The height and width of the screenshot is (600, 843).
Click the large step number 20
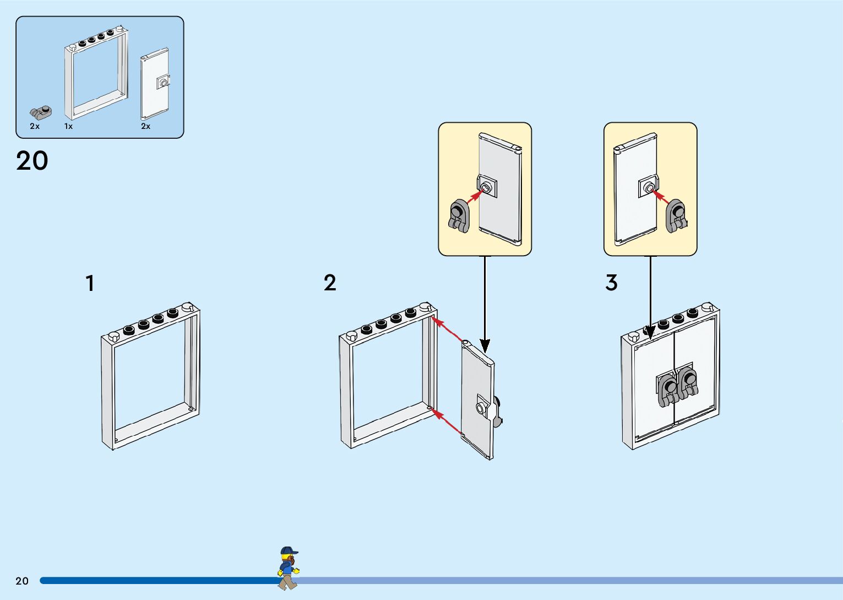(32, 161)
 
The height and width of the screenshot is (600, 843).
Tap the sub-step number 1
(90, 284)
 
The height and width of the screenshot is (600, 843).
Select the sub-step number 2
(330, 283)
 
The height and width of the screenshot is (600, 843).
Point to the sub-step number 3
(611, 283)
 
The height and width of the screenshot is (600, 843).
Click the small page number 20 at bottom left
(22, 581)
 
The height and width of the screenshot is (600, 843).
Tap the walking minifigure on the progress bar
(288, 568)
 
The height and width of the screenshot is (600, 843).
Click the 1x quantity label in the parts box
(68, 126)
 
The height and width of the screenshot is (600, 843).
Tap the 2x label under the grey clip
(35, 126)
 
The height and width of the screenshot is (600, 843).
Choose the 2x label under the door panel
(145, 126)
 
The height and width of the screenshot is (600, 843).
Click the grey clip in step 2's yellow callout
(459, 216)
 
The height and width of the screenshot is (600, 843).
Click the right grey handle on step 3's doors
(688, 383)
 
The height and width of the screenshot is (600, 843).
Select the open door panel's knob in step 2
(481, 408)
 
